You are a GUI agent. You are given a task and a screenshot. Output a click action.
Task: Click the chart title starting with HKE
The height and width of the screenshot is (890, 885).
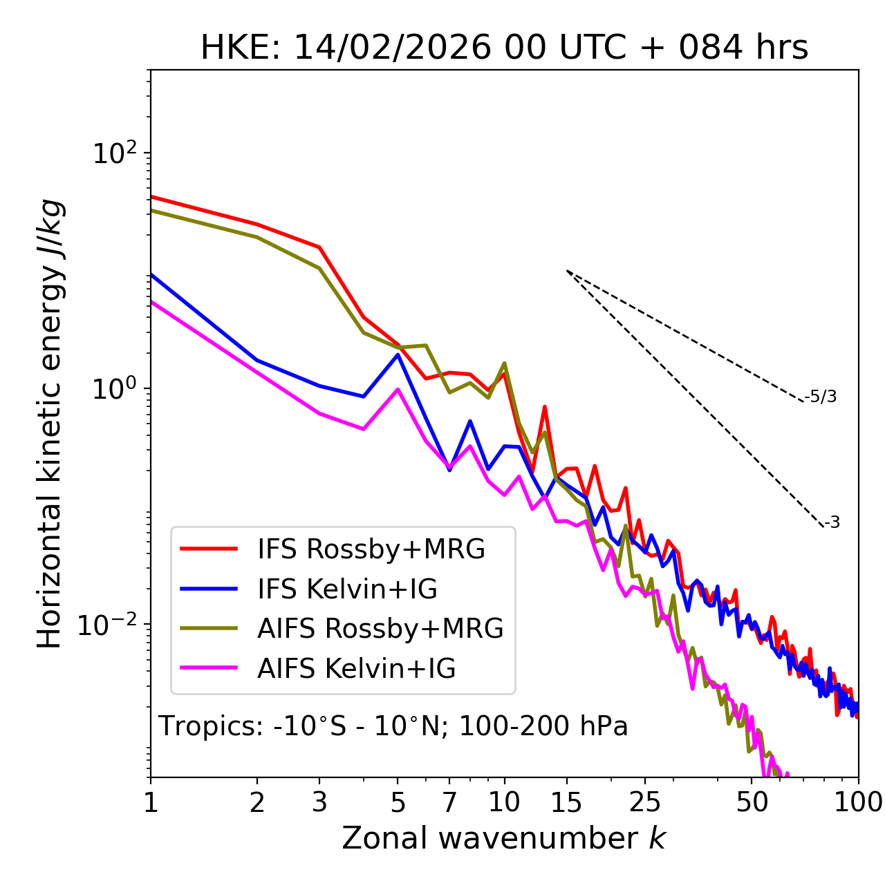click(x=504, y=48)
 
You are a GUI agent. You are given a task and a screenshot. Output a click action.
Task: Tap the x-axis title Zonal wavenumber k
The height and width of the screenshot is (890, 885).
click(x=503, y=837)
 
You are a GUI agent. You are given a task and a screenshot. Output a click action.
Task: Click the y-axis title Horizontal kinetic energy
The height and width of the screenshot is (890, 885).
click(x=50, y=424)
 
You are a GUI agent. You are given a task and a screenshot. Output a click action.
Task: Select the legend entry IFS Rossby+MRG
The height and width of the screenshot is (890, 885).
click(x=371, y=549)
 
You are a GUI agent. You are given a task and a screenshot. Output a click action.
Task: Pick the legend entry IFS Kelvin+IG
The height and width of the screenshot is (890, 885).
click(x=347, y=589)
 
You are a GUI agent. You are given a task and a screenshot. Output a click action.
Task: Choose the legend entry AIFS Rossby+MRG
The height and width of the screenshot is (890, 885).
click(x=380, y=628)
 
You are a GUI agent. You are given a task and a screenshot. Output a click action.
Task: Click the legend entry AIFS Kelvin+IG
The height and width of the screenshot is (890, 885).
click(x=356, y=668)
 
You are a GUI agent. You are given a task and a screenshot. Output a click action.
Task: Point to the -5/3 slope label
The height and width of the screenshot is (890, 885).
click(x=821, y=397)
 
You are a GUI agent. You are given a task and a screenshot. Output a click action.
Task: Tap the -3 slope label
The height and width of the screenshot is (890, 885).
click(x=832, y=522)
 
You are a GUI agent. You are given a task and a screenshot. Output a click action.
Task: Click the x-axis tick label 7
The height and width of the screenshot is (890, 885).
click(x=449, y=802)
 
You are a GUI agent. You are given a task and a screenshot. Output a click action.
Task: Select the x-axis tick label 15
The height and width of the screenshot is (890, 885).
click(x=566, y=802)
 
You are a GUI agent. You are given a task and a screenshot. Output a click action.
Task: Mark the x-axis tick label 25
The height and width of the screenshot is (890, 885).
click(x=644, y=802)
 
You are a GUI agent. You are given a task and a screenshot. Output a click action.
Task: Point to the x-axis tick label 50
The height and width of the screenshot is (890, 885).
click(x=752, y=802)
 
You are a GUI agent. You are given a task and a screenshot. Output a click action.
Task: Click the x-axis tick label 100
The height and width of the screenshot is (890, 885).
click(x=858, y=802)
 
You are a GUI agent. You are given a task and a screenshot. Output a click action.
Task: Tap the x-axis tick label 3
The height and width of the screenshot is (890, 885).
click(x=319, y=802)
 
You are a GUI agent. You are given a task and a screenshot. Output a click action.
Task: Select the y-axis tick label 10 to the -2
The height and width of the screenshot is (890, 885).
click(x=111, y=625)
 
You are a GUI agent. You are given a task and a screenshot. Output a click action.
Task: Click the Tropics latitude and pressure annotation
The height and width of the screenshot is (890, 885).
click(x=393, y=726)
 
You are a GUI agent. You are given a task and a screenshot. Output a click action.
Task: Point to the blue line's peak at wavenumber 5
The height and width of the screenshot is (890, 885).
click(x=398, y=355)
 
